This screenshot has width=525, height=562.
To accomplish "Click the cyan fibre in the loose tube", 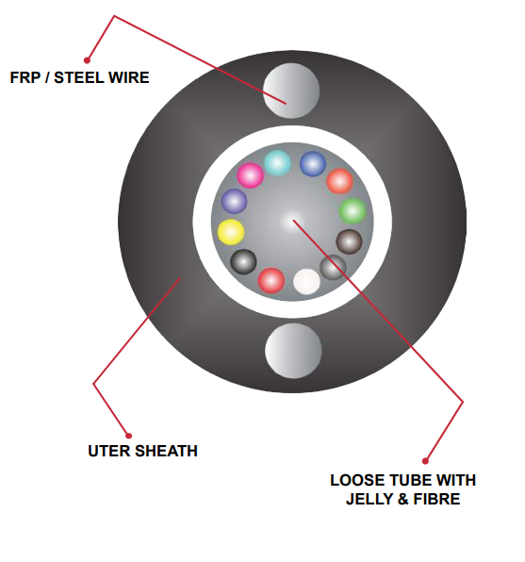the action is (x=277, y=163).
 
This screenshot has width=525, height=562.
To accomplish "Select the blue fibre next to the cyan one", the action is (x=313, y=164).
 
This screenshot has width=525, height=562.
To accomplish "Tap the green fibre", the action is (x=353, y=211).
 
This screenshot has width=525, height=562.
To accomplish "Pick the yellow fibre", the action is (x=231, y=232).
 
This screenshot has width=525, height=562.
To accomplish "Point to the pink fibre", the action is (x=251, y=175).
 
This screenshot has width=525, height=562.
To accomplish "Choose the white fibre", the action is (x=306, y=282).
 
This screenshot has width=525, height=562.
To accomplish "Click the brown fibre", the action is (x=349, y=242).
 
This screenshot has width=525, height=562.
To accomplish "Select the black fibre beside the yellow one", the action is (x=243, y=261).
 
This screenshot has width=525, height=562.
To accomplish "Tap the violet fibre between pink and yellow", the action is (x=234, y=202).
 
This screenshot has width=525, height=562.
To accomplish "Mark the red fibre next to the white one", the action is (x=271, y=280).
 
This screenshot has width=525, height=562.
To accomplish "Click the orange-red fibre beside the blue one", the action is (x=339, y=181).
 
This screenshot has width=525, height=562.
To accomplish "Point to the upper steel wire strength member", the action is (x=291, y=91).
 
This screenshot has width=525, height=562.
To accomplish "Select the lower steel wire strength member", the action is (x=293, y=351).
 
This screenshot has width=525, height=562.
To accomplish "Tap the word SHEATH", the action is (x=166, y=451).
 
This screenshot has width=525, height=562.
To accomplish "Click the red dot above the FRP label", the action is (x=87, y=60).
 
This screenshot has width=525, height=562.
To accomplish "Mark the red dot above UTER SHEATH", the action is (x=128, y=436).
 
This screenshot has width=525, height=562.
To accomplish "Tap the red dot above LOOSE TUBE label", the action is (x=425, y=461).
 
